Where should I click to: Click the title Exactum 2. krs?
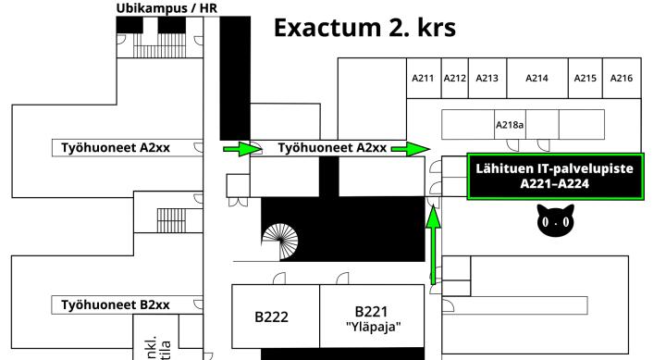364,28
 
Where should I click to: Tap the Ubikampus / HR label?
166,8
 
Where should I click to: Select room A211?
423,79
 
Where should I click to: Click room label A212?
454,79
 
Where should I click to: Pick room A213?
487,79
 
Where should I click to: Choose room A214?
536,79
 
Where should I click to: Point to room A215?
585,79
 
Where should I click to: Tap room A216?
621,79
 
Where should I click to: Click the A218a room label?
510,123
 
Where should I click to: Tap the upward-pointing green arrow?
432,242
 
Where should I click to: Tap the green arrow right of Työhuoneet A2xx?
411,147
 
